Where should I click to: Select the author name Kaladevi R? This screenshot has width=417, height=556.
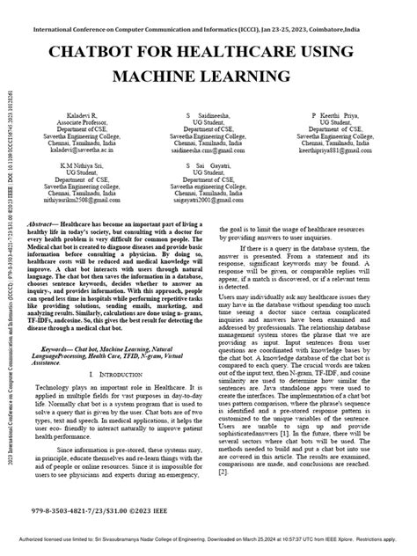coord(72,115)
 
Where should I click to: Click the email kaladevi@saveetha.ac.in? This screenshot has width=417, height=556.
coord(76,152)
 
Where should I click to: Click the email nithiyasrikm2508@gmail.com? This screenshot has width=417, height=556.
coord(76,201)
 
